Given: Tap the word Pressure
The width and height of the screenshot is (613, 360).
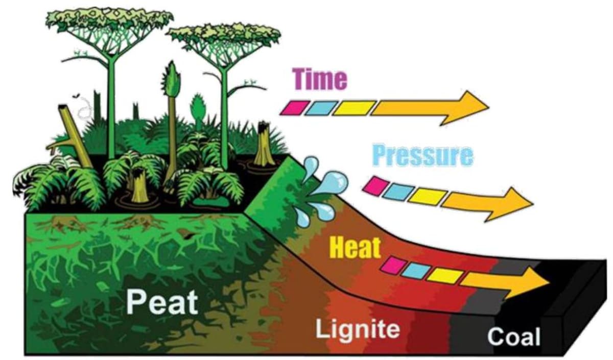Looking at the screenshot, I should pos(422,155).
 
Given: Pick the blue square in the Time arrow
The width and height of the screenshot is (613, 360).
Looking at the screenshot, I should pos(320,107).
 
